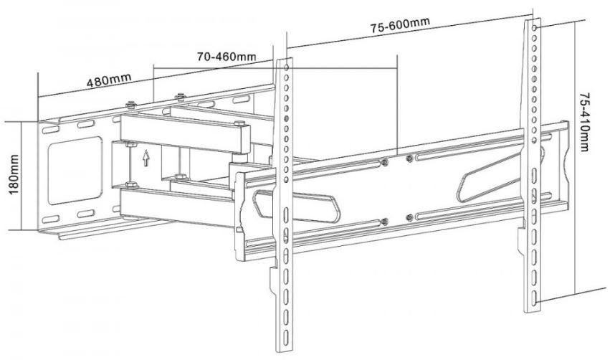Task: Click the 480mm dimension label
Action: point(109,80)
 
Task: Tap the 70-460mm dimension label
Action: point(227,57)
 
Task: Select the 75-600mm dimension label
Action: point(400,24)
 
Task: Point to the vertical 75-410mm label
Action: point(583,122)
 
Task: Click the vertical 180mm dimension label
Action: point(14,174)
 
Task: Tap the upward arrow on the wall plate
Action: point(146,158)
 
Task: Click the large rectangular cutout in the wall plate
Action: point(75,171)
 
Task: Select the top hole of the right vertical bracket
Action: point(535,28)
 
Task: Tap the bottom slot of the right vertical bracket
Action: point(534,296)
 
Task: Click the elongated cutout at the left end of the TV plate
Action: point(297,206)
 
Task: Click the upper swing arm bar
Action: point(185,133)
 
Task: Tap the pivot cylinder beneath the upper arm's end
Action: point(239,158)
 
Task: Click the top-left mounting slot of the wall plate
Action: point(50,129)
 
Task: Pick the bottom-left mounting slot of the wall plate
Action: point(50,219)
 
